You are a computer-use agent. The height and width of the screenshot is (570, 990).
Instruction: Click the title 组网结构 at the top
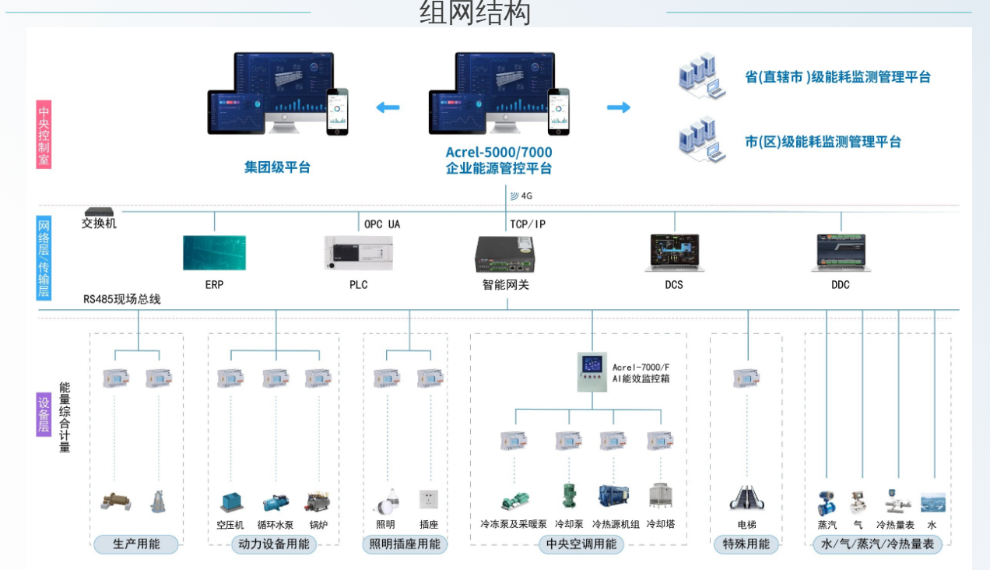(x=475, y=13)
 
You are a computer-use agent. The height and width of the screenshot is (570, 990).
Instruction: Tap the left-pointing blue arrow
(x=388, y=107)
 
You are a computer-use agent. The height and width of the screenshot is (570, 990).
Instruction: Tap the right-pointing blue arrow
(x=619, y=107)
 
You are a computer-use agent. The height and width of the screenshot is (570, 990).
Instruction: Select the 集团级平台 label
(x=277, y=167)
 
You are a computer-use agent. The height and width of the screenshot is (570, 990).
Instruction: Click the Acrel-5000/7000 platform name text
(x=499, y=152)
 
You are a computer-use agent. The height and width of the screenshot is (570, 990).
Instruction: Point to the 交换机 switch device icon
(x=100, y=211)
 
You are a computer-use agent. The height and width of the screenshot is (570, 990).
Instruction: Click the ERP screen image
(x=214, y=253)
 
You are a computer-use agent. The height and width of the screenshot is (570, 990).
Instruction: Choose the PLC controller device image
(x=358, y=253)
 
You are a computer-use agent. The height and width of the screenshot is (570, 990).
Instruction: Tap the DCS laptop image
(x=674, y=252)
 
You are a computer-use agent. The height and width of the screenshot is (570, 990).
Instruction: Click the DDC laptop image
(x=840, y=252)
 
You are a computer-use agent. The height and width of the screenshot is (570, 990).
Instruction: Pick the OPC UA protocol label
(x=382, y=224)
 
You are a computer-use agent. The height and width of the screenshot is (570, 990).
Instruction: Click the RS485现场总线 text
(x=122, y=299)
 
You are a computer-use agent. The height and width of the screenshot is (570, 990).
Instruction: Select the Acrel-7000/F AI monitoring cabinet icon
(x=592, y=372)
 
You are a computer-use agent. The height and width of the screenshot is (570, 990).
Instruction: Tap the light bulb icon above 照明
(x=386, y=500)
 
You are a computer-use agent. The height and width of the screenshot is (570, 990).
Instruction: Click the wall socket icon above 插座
(x=428, y=499)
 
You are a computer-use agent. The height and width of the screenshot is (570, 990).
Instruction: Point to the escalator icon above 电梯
(x=746, y=498)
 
